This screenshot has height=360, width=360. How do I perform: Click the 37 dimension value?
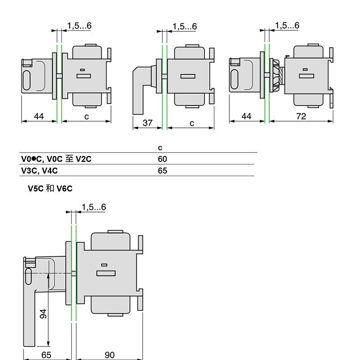pyautogui.click(x=147, y=123)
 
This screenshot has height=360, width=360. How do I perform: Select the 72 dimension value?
pyautogui.click(x=301, y=116)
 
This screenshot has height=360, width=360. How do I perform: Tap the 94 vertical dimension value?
pyautogui.click(x=44, y=314)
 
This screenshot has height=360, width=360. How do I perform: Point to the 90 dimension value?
pyautogui.click(x=109, y=355)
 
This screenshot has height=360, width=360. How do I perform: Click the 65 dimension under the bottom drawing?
pyautogui.click(x=46, y=355)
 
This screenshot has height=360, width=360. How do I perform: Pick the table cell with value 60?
pyautogui.click(x=162, y=159)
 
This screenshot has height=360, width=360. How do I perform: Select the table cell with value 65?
pyautogui.click(x=162, y=171)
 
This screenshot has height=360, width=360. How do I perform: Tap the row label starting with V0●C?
pyautogui.click(x=56, y=159)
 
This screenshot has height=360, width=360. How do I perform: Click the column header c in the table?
pyautogui.click(x=161, y=148)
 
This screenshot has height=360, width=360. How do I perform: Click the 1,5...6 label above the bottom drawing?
pyautogui.click(x=94, y=207)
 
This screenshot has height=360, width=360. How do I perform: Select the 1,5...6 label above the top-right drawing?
pyautogui.click(x=287, y=26)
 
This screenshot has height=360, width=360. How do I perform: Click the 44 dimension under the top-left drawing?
pyautogui.click(x=39, y=116)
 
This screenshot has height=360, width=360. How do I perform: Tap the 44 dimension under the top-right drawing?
pyautogui.click(x=246, y=116)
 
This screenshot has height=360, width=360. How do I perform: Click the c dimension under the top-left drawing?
pyautogui.click(x=87, y=116)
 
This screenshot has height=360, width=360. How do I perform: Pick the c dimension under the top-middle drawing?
pyautogui.click(x=192, y=123)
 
